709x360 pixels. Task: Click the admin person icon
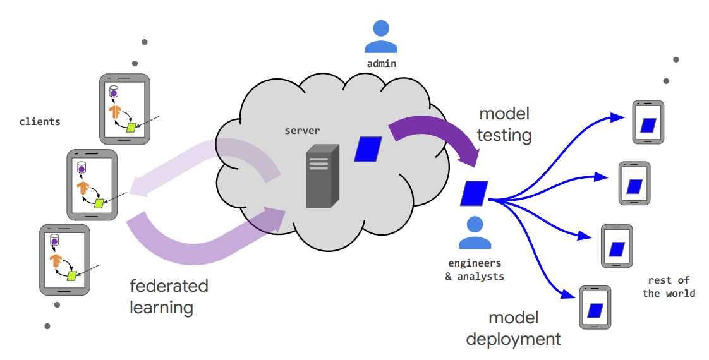[x=381, y=37]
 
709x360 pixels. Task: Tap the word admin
[x=381, y=63]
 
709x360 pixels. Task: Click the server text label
[x=302, y=131]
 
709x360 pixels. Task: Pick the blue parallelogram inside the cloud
[x=368, y=149]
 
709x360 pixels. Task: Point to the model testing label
[x=504, y=124]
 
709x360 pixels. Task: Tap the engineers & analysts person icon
[x=475, y=234]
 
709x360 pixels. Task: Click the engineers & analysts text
[x=475, y=270]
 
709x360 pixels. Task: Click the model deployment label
[x=513, y=328]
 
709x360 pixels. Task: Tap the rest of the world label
[x=669, y=286]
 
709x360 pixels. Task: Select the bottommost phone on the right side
[x=595, y=308]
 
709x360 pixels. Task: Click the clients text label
[x=40, y=121]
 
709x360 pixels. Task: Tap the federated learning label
[x=169, y=296]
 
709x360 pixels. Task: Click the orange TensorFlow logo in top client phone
[x=115, y=112]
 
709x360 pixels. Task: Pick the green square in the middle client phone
[x=99, y=203]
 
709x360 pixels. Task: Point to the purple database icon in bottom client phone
[x=54, y=241]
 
